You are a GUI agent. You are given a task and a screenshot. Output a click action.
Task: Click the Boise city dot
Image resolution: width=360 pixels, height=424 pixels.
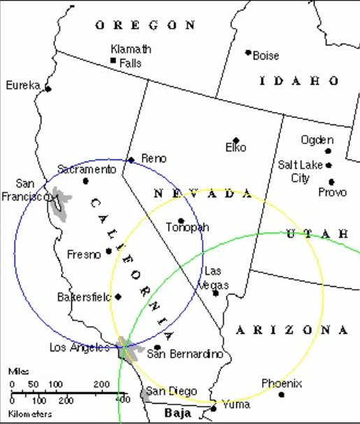pos(248,52)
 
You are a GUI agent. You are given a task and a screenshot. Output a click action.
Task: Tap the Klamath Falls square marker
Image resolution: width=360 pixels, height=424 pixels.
pos(113,61)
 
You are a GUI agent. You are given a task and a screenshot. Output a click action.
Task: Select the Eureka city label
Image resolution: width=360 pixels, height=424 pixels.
pos(23,85)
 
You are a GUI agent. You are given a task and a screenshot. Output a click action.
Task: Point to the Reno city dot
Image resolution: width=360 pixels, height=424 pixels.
pos(131,160)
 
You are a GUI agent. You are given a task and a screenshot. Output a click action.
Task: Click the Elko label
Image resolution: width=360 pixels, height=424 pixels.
pos(236,148)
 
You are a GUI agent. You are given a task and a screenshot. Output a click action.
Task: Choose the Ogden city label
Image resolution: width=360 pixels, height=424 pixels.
pos(317,140)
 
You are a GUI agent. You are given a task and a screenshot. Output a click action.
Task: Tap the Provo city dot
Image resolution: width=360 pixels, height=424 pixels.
pos(331,182)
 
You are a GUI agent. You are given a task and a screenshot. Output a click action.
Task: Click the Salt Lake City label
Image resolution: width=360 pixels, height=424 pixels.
pos(301,171)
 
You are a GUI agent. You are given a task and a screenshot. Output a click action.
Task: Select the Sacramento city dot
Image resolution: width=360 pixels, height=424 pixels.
pos(85,181)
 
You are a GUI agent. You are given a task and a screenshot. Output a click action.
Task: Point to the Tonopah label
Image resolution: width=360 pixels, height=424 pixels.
pos(187,227)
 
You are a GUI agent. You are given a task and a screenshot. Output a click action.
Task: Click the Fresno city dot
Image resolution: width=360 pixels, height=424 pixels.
pos(108,251)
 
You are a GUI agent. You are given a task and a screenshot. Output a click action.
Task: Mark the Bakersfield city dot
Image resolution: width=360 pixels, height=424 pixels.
pos(118,297)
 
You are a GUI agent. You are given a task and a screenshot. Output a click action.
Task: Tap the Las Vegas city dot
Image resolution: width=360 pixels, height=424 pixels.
pos(215,293)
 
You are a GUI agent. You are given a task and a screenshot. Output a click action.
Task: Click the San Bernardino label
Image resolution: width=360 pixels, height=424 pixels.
pos(184,354)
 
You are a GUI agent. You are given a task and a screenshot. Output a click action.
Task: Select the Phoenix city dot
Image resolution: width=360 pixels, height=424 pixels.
pos(282,395)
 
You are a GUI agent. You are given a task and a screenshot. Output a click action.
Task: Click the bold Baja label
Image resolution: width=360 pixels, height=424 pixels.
pos(178,414)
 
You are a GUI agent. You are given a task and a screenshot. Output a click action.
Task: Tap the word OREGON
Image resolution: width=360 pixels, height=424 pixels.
pos(145,25)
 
